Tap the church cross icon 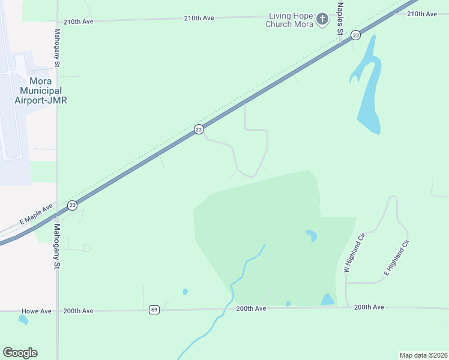click(x=322, y=20)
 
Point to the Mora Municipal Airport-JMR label click(x=40, y=91)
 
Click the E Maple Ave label click(x=37, y=214)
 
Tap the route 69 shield click(x=154, y=310)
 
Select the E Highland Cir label click(x=396, y=257)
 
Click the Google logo click(x=20, y=353)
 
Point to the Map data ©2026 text click(x=423, y=355)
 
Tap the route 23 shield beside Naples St click(x=356, y=35)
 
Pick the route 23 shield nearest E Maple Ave click(x=72, y=205)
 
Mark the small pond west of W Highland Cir click(x=311, y=235)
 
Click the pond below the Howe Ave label click(x=23, y=319)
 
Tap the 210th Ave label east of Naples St click(x=422, y=14)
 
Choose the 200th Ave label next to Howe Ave click(x=79, y=311)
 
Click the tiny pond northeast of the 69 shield click(x=185, y=292)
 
